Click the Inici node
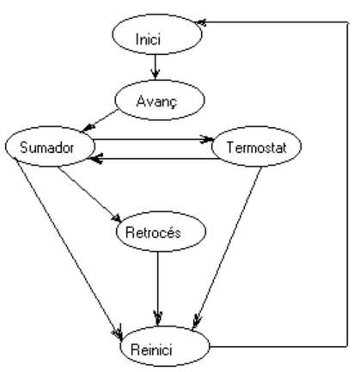tap(157, 34)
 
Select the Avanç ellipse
tap(160, 100)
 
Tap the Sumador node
tap(50, 146)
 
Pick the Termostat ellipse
tap(257, 147)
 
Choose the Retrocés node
tap(161, 231)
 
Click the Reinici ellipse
tap(165, 346)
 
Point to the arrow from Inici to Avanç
tap(156, 66)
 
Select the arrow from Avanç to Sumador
tap(100, 121)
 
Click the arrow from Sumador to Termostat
tap(153, 140)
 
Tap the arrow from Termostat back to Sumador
tap(155, 158)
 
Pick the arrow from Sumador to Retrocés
tap(89, 194)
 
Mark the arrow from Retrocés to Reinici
tap(158, 289)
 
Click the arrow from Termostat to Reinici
tap(227, 248)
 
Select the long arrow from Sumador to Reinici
tap(70, 248)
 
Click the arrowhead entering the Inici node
tap(200, 22)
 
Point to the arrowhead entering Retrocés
tap(117, 218)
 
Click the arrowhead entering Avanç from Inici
tap(156, 75)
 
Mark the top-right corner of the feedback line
tap(348, 22)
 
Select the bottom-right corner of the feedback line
tap(348, 346)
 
